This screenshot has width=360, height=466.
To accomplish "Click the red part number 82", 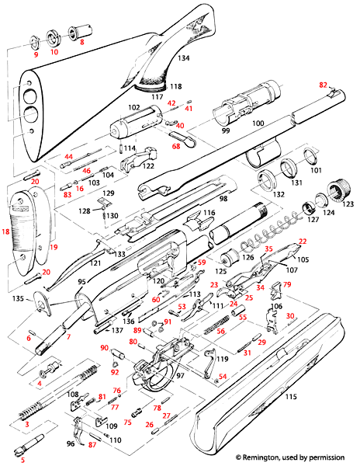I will [324, 84].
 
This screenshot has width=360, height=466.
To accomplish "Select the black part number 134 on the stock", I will [184, 58].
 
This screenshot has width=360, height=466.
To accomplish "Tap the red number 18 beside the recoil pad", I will [6, 231].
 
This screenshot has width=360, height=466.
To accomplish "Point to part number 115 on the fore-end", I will [292, 397].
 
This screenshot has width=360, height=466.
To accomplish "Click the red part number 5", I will [11, 460].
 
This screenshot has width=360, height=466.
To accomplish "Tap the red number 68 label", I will [175, 145].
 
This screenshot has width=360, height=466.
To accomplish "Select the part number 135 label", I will [19, 298].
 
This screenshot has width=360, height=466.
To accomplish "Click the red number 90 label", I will [104, 347].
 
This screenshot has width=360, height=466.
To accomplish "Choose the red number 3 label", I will [27, 426].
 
